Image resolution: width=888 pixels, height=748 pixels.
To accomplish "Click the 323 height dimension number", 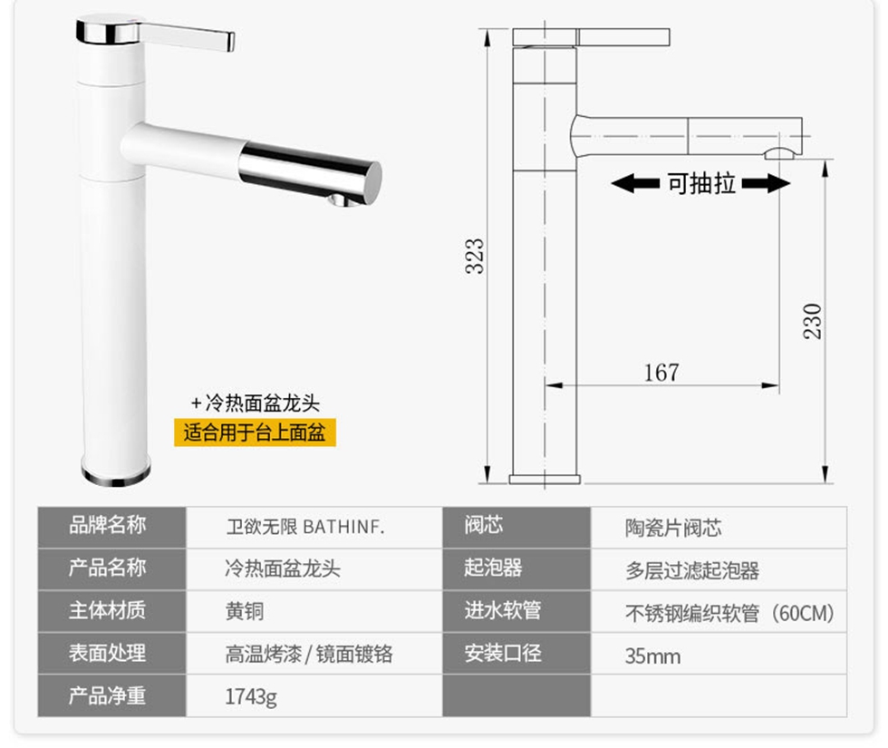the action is [475, 256].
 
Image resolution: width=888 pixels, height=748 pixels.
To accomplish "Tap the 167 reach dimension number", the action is [661, 373].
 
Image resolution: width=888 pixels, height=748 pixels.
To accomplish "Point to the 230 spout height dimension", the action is [812, 321].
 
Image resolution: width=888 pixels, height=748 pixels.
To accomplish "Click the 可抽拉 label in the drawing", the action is [701, 183].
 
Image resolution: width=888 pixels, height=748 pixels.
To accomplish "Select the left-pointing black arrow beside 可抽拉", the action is [635, 183].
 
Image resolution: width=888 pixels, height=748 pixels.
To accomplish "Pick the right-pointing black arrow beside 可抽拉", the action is [766, 183].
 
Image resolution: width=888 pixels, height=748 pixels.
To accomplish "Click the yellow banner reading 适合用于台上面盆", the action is [255, 432].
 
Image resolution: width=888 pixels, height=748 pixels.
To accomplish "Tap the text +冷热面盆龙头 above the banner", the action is [256, 403].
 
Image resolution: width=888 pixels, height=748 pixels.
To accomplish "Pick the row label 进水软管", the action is [502, 610].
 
